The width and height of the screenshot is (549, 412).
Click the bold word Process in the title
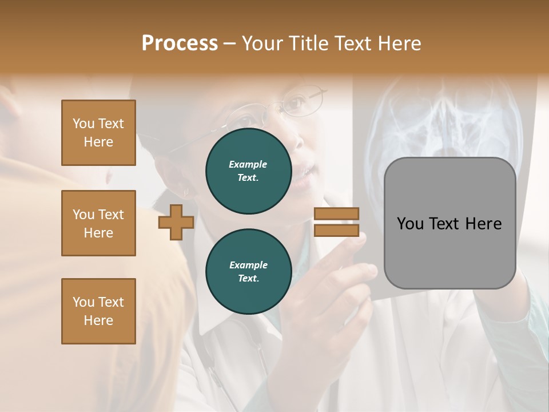pyautogui.click(x=180, y=43)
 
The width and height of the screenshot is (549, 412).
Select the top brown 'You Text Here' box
pyautogui.click(x=98, y=133)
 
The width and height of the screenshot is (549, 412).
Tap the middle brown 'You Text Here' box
pyautogui.click(x=98, y=223)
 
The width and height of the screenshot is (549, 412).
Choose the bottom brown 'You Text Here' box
pyautogui.click(x=98, y=311)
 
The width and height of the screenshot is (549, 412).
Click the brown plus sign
pyautogui.click(x=176, y=222)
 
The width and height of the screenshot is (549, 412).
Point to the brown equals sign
pyautogui.click(x=336, y=222)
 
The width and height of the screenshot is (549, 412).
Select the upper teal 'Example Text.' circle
pyautogui.click(x=248, y=171)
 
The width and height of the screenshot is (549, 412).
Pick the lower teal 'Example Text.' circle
pyautogui.click(x=248, y=272)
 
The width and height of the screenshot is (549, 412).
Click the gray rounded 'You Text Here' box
pyautogui.click(x=449, y=223)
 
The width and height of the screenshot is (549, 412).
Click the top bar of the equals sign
pyautogui.click(x=336, y=213)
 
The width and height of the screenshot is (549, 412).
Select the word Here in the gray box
pyautogui.click(x=483, y=224)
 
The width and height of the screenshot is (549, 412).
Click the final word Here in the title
pyautogui.click(x=399, y=43)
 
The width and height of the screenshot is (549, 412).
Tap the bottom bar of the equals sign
pyautogui.click(x=336, y=230)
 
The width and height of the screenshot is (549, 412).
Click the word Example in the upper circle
pyautogui.click(x=248, y=164)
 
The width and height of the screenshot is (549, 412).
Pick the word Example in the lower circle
pyautogui.click(x=248, y=265)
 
